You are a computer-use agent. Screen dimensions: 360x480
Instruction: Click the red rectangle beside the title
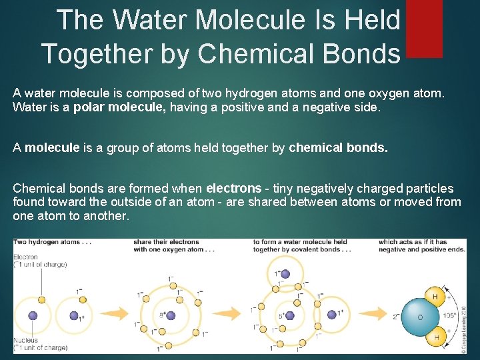(423, 28)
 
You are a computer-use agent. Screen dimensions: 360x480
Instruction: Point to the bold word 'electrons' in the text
(234, 189)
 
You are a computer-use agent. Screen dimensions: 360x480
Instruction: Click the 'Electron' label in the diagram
(25, 257)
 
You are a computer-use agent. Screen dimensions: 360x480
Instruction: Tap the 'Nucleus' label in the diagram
(25, 340)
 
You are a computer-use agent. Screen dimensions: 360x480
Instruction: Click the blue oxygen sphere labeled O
(420, 317)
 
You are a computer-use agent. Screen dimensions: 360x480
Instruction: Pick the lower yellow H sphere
(436, 337)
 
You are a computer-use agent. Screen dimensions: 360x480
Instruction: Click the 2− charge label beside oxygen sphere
(396, 317)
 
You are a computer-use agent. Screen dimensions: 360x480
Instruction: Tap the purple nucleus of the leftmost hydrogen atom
(33, 316)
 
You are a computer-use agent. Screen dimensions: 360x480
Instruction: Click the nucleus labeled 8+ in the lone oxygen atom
(170, 316)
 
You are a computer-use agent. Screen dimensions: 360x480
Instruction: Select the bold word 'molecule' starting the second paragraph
(52, 148)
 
